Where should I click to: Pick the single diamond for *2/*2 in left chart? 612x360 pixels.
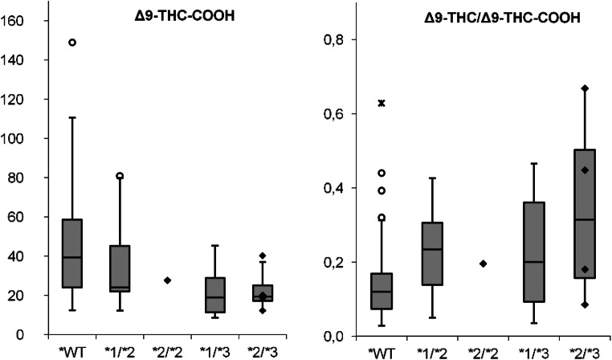167,280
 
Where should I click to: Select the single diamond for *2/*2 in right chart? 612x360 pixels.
483,264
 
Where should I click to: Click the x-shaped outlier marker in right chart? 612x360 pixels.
382,103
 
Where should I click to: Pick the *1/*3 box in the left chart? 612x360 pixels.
215,295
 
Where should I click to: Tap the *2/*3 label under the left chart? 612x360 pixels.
263,351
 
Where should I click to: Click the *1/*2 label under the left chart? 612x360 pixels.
120,351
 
